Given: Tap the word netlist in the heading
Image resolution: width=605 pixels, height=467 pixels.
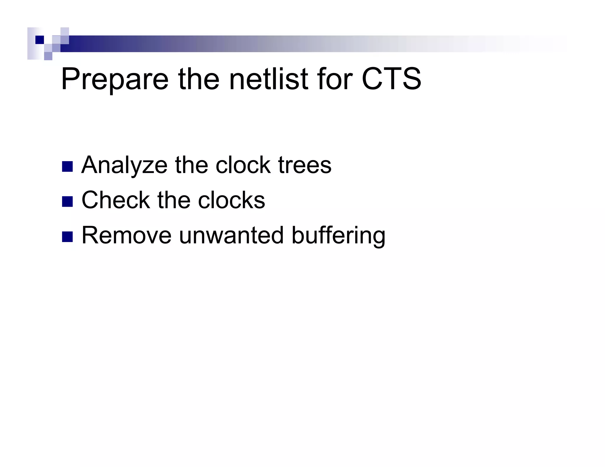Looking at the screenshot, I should tap(269, 79).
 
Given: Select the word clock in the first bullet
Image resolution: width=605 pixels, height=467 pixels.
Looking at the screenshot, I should tap(243, 165).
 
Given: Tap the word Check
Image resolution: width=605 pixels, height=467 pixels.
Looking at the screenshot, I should tap(116, 200).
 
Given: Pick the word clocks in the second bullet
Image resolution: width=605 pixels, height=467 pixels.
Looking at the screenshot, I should tap(231, 200).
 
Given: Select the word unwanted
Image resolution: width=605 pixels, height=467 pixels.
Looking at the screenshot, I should tap(231, 236).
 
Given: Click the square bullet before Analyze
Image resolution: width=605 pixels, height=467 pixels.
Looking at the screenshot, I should tap(67, 167).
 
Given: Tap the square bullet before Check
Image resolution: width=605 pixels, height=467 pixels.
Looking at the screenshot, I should tap(67, 202).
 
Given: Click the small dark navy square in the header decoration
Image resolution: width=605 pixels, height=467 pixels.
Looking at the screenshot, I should tap(40, 40).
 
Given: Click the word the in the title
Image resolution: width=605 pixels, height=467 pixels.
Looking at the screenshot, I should tap(199, 79).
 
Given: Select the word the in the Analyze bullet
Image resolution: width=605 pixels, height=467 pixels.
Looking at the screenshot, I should tap(191, 165).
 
